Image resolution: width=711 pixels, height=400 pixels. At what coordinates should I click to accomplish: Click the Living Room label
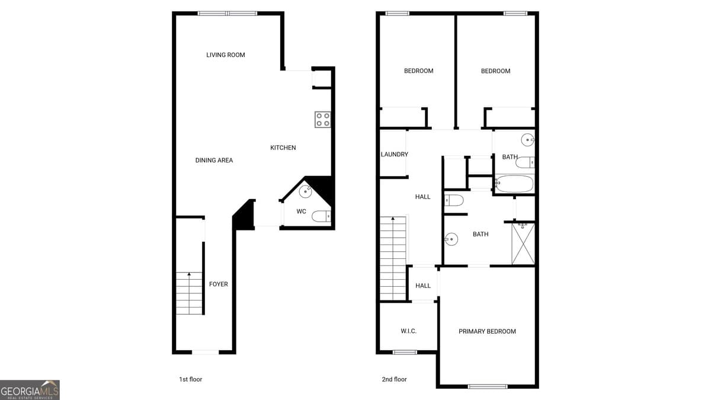tap(226, 55)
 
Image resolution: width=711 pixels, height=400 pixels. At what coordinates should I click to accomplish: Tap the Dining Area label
tap(214, 161)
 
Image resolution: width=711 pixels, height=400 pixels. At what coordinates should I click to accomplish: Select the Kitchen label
tap(283, 148)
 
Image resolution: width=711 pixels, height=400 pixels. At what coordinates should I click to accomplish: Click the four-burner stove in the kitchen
tap(323, 120)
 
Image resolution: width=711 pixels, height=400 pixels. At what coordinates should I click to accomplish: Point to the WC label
tap(301, 212)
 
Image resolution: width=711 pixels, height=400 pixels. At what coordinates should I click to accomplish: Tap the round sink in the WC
tap(306, 191)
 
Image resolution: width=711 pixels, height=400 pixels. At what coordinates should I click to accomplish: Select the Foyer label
tap(219, 284)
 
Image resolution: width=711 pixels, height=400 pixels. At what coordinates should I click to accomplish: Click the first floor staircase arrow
tap(189, 275)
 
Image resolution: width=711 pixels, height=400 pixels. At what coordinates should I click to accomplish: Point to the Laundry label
tap(394, 155)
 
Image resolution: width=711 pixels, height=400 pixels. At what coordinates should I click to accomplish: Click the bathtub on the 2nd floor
tap(514, 184)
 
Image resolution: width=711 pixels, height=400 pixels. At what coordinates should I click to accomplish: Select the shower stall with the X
tap(523, 244)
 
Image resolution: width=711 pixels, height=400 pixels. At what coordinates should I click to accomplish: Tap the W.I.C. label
tap(408, 331)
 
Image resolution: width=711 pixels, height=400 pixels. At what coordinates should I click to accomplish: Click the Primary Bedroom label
tap(487, 332)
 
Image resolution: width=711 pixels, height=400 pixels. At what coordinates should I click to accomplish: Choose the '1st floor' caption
tap(190, 379)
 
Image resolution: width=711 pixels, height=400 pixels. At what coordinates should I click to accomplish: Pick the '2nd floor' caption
tap(395, 379)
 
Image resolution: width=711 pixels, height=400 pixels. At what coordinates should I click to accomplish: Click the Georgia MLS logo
tap(30, 390)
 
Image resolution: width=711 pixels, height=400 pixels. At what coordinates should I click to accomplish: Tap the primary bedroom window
tap(488, 387)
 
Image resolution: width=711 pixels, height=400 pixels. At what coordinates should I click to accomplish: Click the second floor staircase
tap(392, 258)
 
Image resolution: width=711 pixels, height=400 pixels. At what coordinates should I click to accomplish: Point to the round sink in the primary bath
tap(451, 239)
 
